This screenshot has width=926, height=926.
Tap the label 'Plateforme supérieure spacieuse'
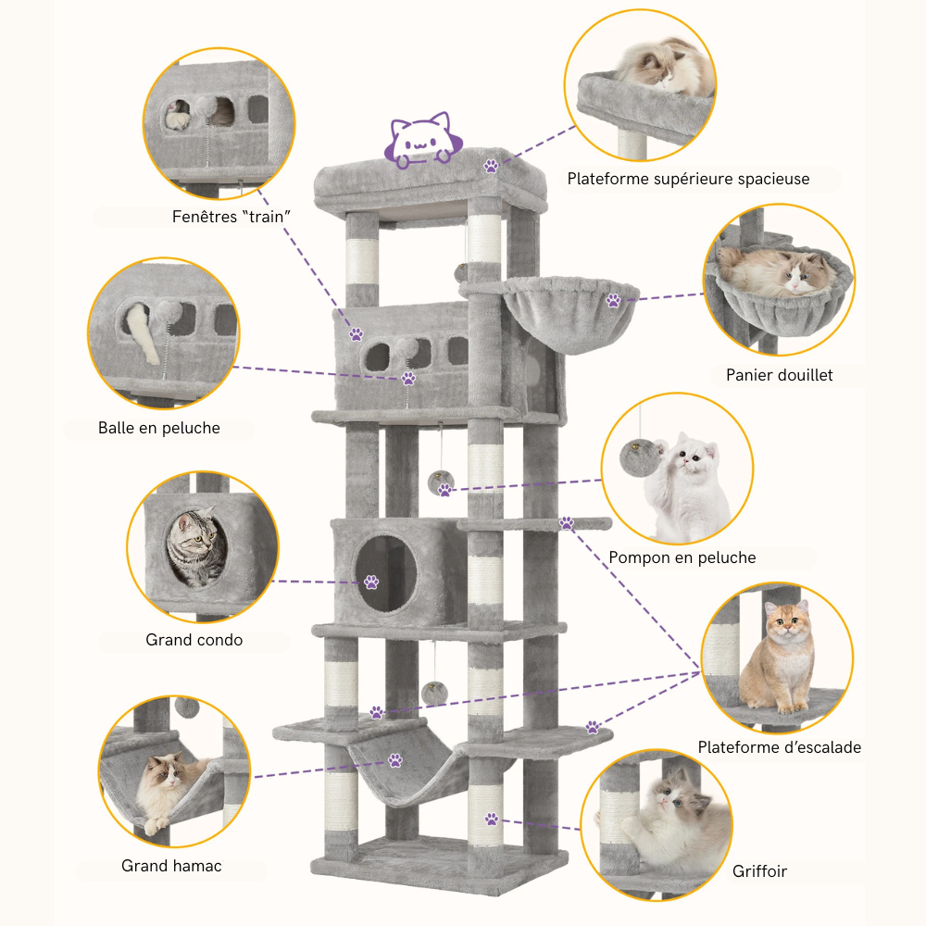tap(688, 179)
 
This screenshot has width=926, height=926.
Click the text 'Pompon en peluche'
tap(682, 557)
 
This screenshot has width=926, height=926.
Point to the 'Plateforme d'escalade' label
tap(780, 747)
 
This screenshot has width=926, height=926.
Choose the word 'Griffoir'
tap(760, 871)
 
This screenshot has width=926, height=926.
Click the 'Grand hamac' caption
tap(171, 867)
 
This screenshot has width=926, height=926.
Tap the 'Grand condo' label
tap(194, 640)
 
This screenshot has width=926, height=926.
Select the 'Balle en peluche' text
tap(159, 428)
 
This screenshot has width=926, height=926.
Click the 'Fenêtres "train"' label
tap(232, 216)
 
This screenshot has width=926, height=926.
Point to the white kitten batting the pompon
tap(688, 486)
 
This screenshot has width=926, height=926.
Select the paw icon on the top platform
tap(491, 167)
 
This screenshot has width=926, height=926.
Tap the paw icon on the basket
tap(613, 300)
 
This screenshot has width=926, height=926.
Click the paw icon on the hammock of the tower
tap(395, 760)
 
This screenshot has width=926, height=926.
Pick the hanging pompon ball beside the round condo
tap(441, 482)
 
